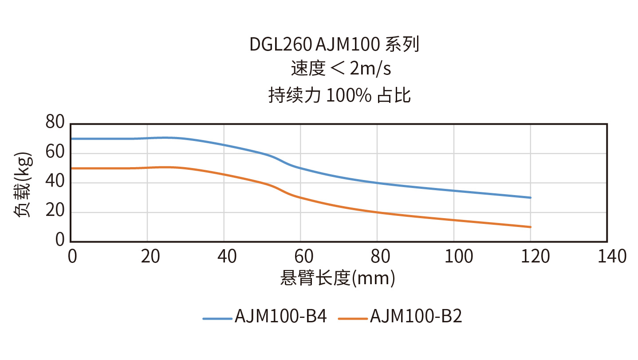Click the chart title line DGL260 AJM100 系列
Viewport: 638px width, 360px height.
[334, 45]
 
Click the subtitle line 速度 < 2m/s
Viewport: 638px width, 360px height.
[340, 69]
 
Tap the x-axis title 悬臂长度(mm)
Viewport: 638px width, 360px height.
[338, 278]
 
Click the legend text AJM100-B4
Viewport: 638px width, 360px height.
[281, 317]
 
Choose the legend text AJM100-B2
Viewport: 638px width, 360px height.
[416, 317]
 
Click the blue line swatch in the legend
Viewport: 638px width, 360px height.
[217, 318]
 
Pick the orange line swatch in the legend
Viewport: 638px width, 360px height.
[352, 318]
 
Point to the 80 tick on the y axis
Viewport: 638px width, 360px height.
[55, 122]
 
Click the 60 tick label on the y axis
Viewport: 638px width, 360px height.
[55, 153]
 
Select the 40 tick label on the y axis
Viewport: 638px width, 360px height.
[55, 182]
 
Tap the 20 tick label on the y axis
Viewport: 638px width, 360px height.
[55, 211]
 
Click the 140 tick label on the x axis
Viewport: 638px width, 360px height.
[607, 256]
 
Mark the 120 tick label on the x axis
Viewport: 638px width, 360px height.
[530, 256]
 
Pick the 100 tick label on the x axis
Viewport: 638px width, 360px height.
[453, 256]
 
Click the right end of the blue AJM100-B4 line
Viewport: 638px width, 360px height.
[531, 197]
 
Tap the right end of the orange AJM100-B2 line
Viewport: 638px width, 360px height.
[531, 227]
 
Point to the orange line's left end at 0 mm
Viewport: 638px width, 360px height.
[71, 168]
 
